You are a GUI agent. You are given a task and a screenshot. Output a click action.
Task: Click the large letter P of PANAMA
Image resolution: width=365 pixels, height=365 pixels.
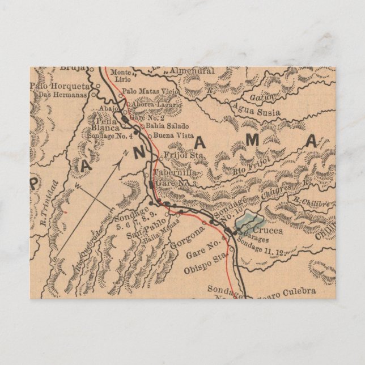click(35, 182)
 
